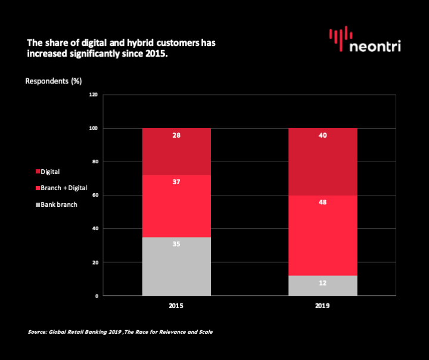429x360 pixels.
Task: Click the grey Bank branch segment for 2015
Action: click(x=176, y=266)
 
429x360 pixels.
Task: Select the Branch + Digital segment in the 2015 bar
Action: click(x=176, y=206)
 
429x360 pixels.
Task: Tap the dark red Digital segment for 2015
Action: click(x=176, y=151)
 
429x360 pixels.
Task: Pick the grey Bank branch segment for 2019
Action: click(x=323, y=286)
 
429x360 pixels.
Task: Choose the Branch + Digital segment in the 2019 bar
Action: click(x=323, y=235)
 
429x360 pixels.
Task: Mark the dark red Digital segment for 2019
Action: click(x=323, y=162)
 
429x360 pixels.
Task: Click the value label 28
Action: click(x=176, y=135)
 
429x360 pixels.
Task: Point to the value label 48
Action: click(x=323, y=202)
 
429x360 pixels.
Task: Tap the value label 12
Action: click(x=323, y=283)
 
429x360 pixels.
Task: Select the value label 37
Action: click(x=176, y=182)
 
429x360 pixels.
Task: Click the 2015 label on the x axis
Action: click(x=176, y=306)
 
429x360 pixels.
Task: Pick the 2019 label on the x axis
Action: click(x=322, y=306)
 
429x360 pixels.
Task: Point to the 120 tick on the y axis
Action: click(x=94, y=95)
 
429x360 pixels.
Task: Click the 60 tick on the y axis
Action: click(x=95, y=195)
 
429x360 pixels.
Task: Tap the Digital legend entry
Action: click(x=48, y=172)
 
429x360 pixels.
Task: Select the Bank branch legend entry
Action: click(x=57, y=204)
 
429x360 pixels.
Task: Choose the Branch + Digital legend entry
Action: click(x=61, y=188)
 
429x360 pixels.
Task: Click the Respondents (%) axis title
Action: click(x=54, y=81)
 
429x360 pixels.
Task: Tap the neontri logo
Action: click(x=365, y=39)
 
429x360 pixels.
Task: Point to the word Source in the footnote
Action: click(x=37, y=332)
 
